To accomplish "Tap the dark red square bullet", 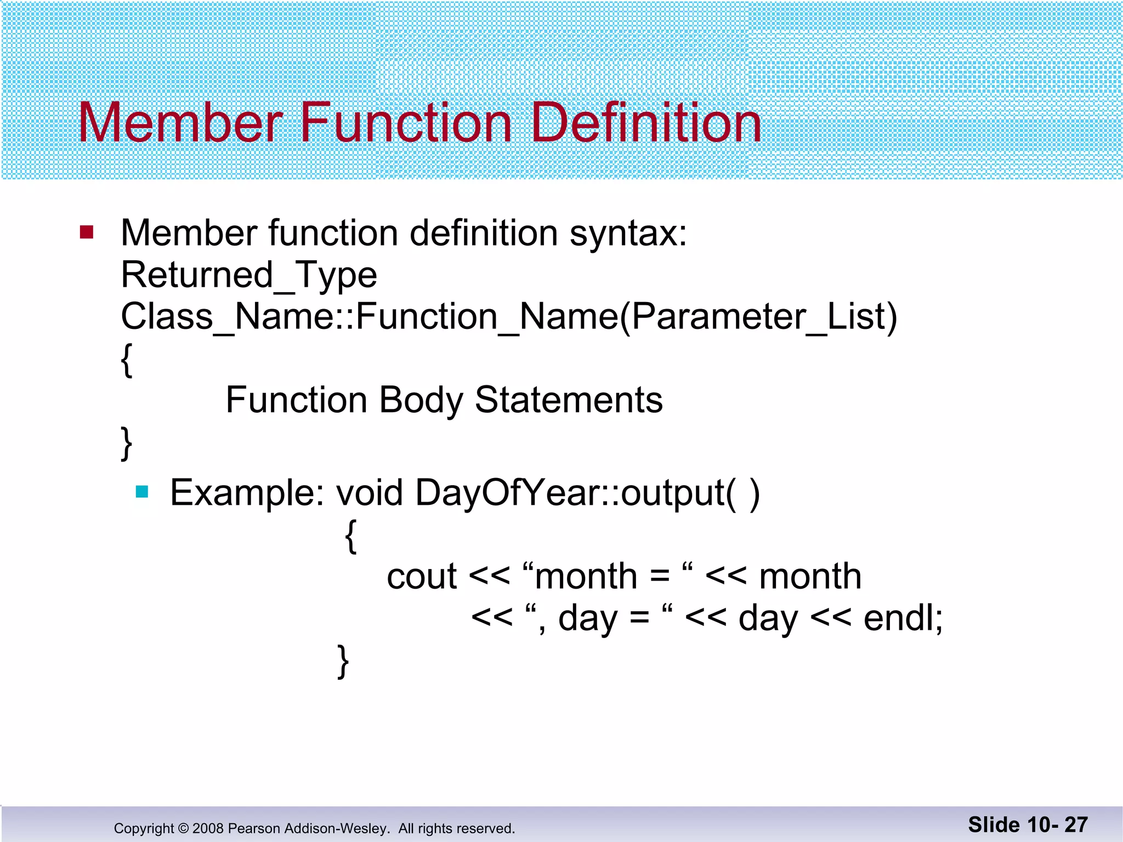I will pos(87,232).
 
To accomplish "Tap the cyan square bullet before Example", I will pos(142,492).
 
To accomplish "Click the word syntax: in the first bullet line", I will pos(628,234).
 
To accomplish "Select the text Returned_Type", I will pos(248,275).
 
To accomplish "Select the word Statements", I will pos(569,400).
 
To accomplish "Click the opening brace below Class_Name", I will pos(127,360).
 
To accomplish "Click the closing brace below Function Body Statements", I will pos(127,443).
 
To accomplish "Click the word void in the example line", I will pos(369,493).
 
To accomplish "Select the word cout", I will pos(421,577).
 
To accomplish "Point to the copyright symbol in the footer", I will pos(183,828).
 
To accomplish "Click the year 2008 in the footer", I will pos(208,828).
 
